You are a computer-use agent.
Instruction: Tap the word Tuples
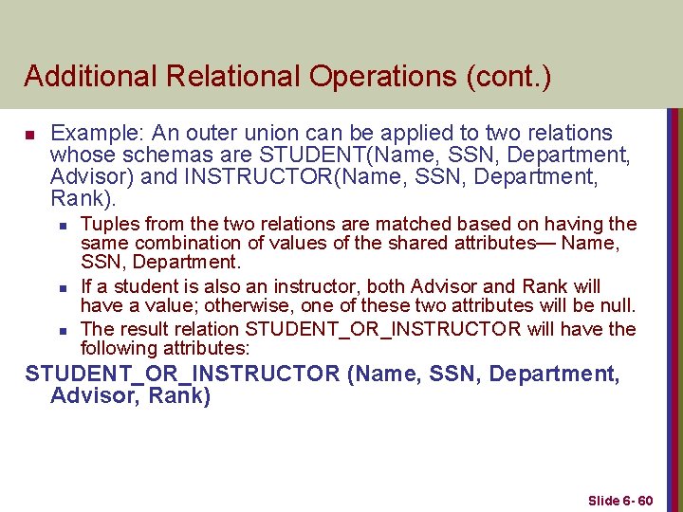tap(109, 224)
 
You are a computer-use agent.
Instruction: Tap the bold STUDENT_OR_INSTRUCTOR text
tap(182, 375)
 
